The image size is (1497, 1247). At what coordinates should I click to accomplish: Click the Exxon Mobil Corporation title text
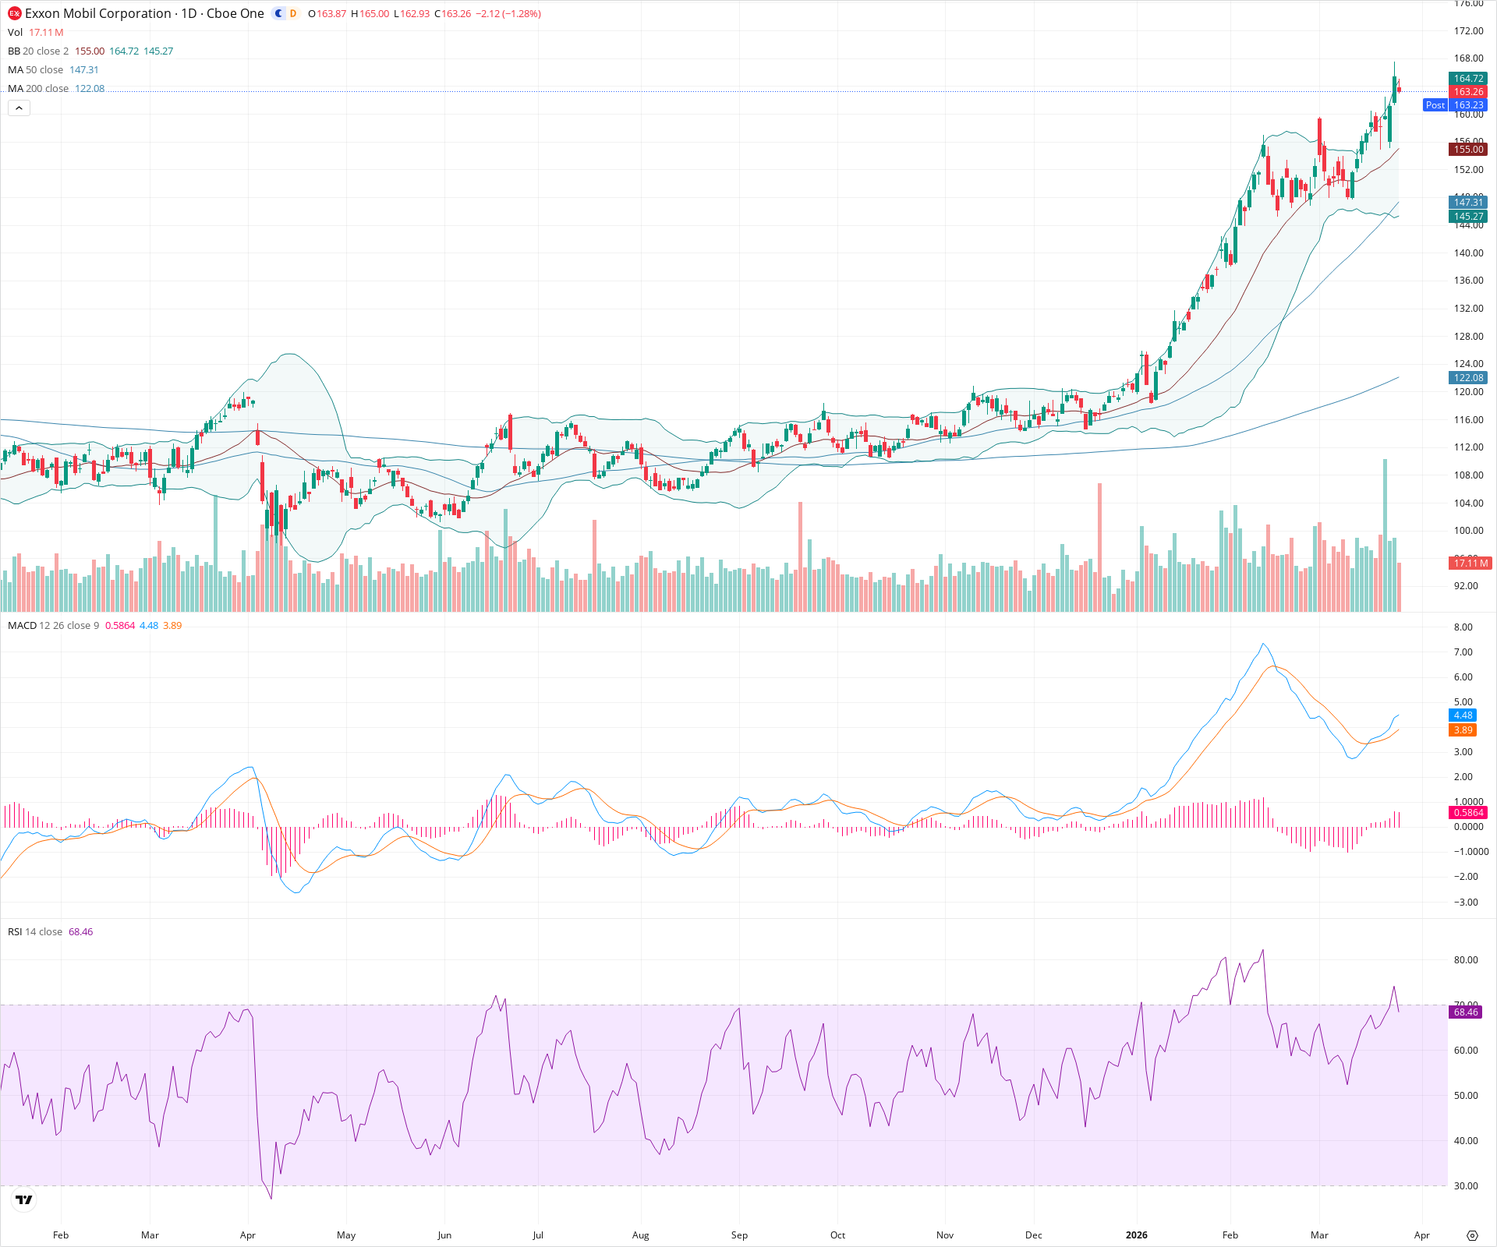98,13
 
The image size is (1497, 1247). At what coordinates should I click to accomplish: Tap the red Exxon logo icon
14,13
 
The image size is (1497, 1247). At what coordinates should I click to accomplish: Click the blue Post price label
1435,105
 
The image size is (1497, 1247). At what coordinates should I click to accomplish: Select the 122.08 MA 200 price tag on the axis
1468,378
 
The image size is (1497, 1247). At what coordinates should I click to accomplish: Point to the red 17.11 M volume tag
1470,563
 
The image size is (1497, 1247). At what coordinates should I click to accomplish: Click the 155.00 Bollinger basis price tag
1468,150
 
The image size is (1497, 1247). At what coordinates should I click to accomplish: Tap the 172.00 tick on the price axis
1468,31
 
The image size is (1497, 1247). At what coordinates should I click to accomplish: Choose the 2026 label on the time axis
1136,1235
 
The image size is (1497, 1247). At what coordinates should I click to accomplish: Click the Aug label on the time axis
640,1235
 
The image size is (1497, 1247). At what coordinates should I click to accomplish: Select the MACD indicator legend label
23,626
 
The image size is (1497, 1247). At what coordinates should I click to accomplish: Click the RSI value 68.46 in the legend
80,932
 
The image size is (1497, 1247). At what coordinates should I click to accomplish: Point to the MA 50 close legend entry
35,70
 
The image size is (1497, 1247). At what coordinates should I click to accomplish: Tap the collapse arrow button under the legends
19,108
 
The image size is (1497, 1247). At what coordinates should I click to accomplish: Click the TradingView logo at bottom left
24,1199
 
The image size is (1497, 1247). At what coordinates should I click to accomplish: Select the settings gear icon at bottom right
1472,1235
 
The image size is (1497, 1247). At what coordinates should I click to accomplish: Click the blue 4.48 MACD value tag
1463,715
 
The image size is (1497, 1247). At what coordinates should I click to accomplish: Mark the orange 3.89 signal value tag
1463,730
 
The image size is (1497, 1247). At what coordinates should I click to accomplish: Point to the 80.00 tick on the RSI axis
1466,960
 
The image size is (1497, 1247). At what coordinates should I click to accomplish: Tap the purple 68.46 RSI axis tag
1465,1012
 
